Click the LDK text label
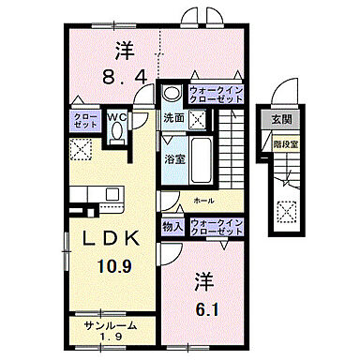pos(111,238)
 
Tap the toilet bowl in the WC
pos(117,133)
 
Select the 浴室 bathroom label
pos(173,158)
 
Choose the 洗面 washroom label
pos(173,119)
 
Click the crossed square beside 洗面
pos(198,119)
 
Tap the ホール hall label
pos(202,200)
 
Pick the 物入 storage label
pos(172,225)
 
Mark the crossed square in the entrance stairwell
pos(285,211)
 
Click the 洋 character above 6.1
pos(202,278)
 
